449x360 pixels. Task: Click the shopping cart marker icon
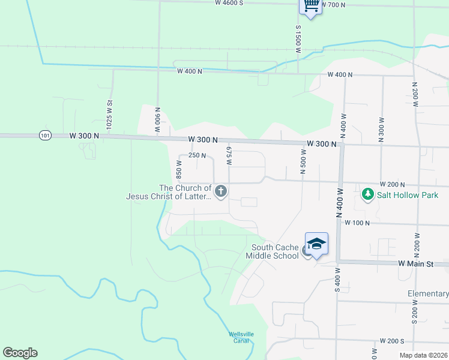(x=310, y=5)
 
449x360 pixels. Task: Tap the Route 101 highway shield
(x=46, y=136)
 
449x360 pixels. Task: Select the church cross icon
(x=221, y=192)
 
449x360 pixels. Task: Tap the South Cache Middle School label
(x=275, y=251)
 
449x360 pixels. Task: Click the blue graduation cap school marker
(x=316, y=243)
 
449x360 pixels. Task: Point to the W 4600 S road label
(x=229, y=3)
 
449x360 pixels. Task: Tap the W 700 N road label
(x=334, y=5)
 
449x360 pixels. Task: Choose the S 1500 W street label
(x=298, y=40)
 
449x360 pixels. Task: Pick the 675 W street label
(x=229, y=154)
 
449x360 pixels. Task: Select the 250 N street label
(x=197, y=155)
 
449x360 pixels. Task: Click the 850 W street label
(x=179, y=172)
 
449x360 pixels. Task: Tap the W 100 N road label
(x=357, y=223)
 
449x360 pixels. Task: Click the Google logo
(x=20, y=353)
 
